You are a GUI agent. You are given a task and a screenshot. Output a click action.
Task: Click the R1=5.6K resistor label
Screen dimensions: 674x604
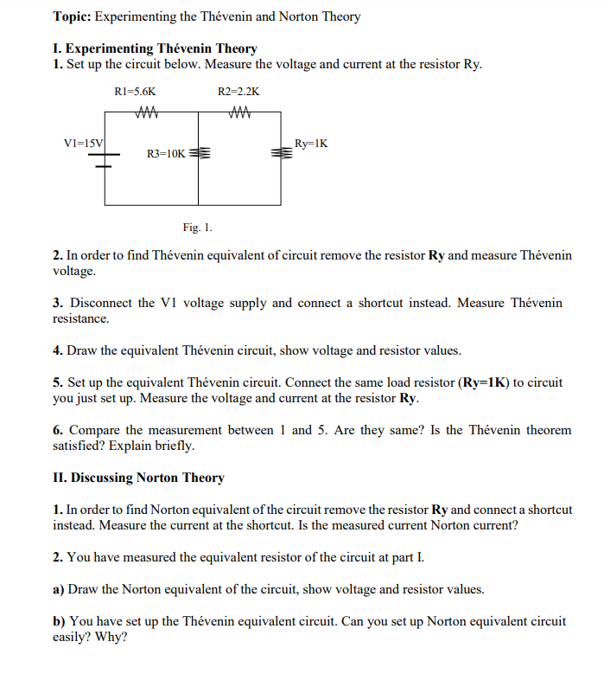(135, 91)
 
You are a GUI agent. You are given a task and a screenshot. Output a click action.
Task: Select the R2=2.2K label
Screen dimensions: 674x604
(238, 91)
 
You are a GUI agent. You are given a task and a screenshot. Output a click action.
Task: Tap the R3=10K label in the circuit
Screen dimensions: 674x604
(165, 153)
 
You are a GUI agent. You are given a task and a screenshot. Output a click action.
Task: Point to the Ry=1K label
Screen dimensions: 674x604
(311, 143)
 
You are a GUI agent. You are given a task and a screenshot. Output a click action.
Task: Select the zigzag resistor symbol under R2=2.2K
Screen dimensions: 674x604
(239, 109)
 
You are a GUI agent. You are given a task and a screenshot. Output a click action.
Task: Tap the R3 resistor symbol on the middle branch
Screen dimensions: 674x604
(200, 153)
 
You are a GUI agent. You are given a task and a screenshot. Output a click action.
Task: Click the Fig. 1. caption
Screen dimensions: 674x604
(197, 228)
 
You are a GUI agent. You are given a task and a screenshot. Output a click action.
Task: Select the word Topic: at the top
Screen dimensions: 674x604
(72, 16)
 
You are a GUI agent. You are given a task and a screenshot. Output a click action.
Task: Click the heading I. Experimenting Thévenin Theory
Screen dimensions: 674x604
(155, 49)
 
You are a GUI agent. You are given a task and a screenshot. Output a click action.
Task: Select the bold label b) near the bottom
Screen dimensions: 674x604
(60, 621)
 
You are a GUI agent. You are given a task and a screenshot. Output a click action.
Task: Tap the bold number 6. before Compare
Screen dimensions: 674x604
(58, 430)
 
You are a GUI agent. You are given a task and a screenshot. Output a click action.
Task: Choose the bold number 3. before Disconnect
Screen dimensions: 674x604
(58, 303)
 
